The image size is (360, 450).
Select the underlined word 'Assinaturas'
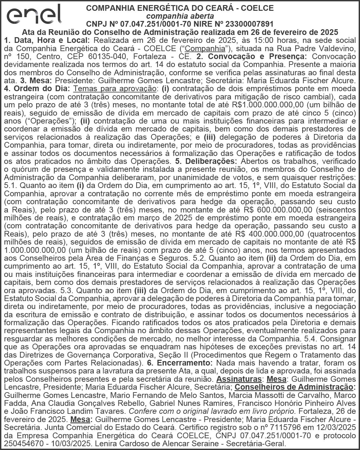point(239,379)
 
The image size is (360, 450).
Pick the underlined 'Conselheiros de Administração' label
point(294,387)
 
